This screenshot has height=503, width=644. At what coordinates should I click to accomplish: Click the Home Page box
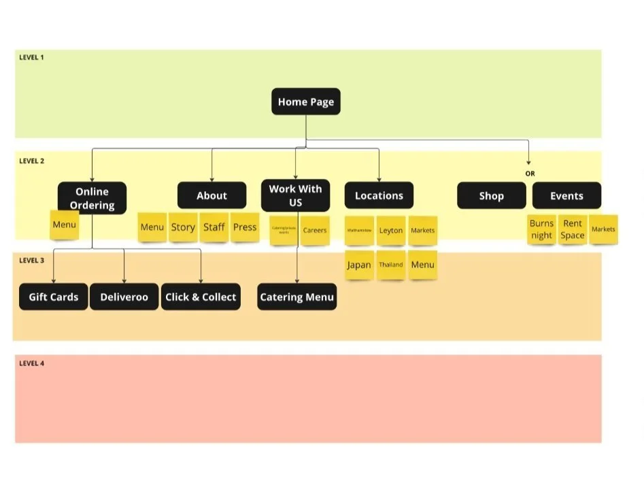coord(306,102)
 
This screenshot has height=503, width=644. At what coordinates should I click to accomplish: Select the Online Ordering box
coord(92,198)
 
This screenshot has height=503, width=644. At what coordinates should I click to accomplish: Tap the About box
coord(211,195)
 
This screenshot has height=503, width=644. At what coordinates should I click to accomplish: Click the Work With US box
coord(295,195)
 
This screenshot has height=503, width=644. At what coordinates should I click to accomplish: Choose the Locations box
coord(379,195)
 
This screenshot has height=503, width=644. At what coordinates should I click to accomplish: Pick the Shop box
coord(491,195)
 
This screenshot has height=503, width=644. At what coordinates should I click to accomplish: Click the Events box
coord(566,195)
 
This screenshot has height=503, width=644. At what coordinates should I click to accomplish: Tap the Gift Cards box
coord(54,297)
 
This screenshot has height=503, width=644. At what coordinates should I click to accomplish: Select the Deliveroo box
coord(124,297)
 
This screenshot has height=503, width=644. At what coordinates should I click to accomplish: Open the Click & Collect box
coord(201,297)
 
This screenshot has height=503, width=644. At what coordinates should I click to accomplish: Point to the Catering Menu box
coord(296,297)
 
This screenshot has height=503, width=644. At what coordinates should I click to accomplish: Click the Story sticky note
coord(183,227)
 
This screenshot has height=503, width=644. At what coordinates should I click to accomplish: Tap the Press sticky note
coord(245,227)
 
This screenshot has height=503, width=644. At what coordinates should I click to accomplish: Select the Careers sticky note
coord(315,230)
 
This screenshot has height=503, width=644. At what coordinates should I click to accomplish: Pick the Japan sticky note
coord(359,265)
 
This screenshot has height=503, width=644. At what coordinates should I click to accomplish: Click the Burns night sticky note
coord(541,229)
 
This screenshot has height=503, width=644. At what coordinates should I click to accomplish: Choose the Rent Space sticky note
coord(573,229)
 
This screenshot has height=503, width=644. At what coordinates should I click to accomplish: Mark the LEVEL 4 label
coord(31,363)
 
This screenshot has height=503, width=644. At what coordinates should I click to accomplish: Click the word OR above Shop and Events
coord(530,174)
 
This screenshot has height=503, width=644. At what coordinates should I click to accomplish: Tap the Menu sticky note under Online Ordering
coord(65,225)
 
